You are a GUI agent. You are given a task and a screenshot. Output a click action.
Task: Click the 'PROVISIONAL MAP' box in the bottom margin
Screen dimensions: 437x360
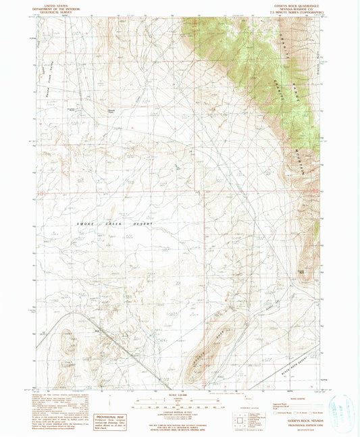[102, 419]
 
